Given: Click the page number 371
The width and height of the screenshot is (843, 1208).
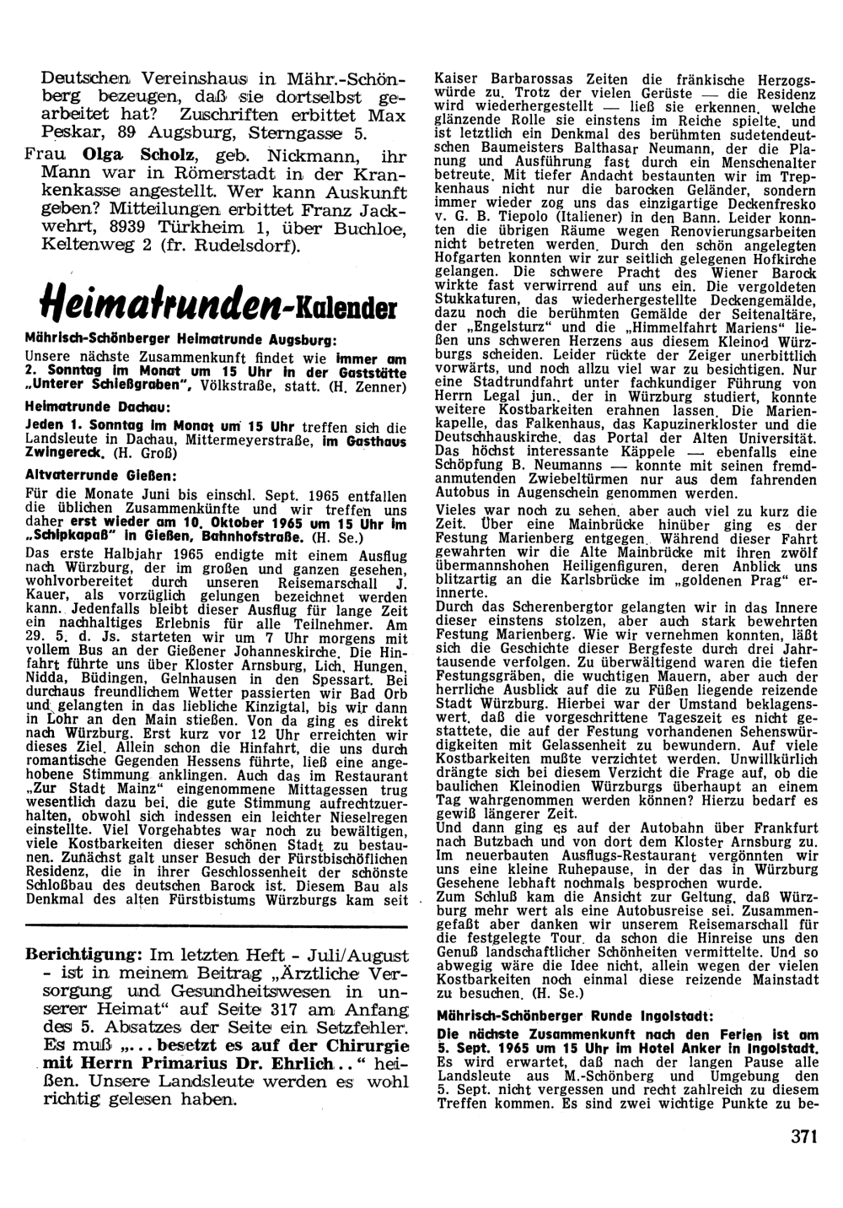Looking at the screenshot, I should [805, 1136].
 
